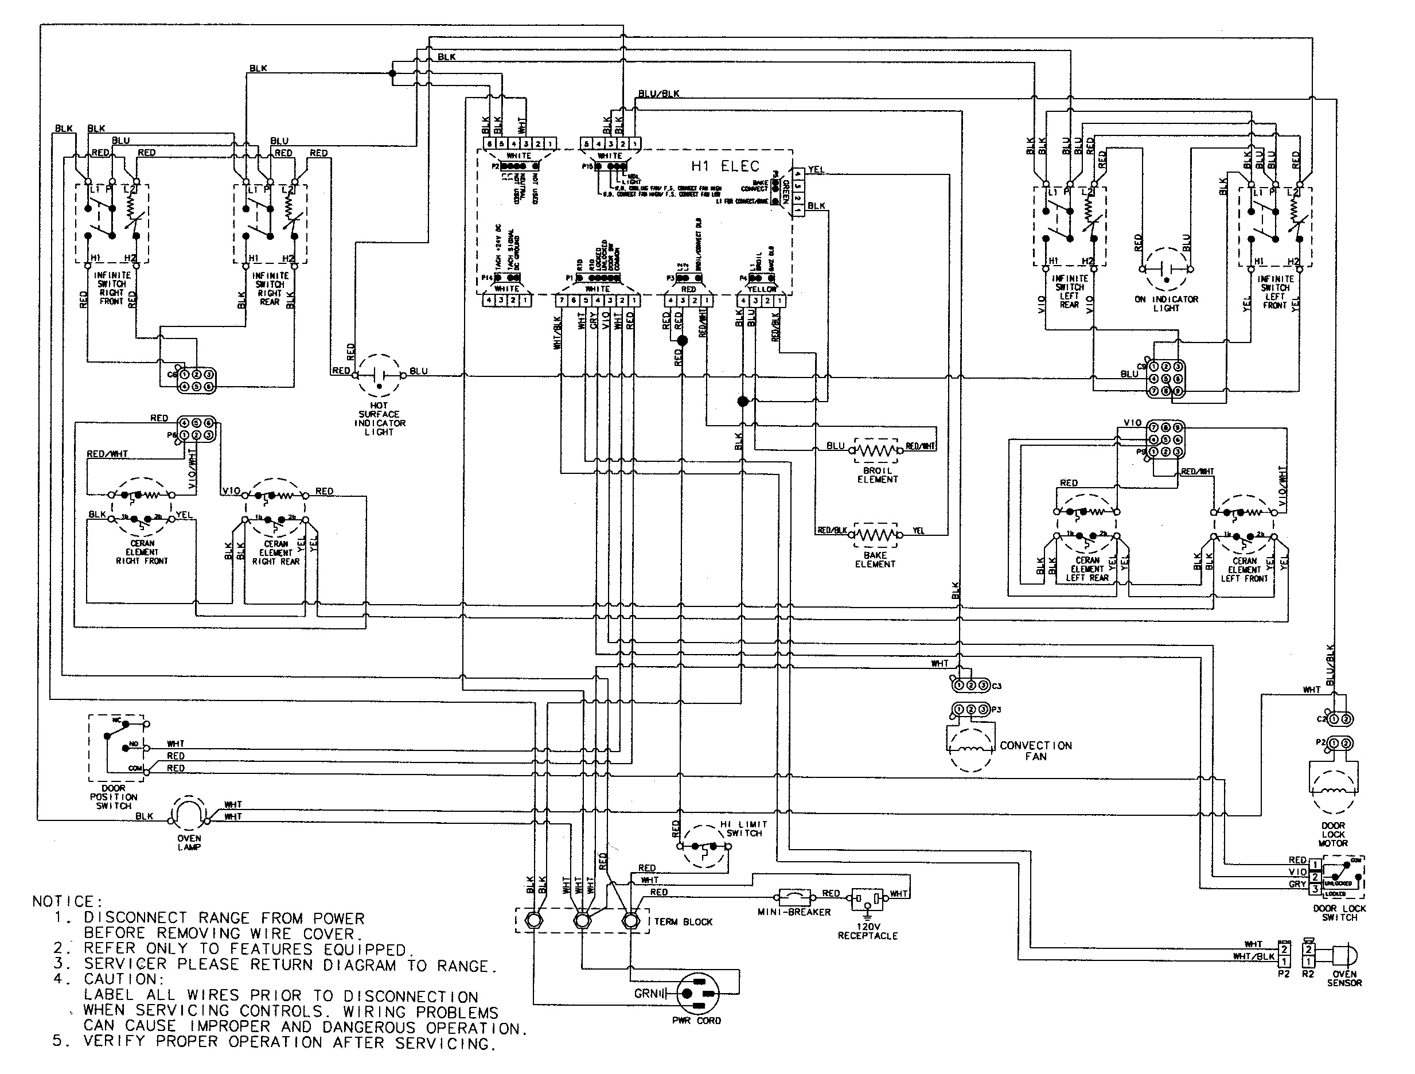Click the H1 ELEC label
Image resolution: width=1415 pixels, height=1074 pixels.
click(x=725, y=166)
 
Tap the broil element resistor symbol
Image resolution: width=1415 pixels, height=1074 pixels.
click(x=876, y=450)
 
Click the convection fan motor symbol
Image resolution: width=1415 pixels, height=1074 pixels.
click(x=971, y=748)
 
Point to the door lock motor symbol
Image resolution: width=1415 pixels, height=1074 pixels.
click(x=1333, y=788)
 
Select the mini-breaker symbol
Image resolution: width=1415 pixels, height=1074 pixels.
click(x=794, y=896)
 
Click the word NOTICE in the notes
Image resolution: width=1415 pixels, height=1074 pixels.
click(x=63, y=901)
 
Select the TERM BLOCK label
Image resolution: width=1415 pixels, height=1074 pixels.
click(x=683, y=922)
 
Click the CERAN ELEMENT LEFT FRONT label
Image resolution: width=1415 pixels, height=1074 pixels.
click(x=1244, y=569)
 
